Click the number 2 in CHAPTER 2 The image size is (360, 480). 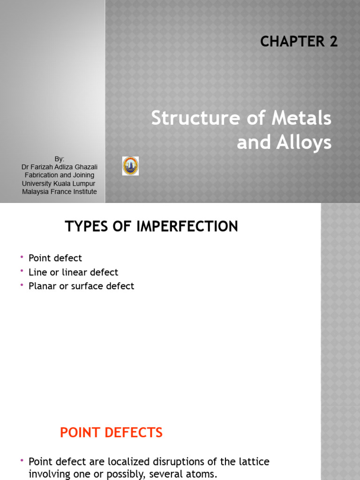pos(333,42)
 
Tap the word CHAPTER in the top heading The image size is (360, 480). pos(292,42)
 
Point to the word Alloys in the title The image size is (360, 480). pos(305,142)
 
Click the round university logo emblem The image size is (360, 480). pos(130,166)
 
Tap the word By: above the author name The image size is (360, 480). pos(59,159)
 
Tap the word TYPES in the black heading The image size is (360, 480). pos(83,227)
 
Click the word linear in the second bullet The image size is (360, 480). pos(73,272)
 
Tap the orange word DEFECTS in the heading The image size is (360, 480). pos(133,433)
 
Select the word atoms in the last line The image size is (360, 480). pos(202,474)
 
